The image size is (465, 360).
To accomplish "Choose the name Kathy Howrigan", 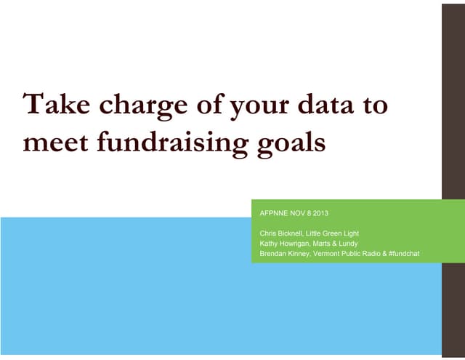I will (x=284, y=244).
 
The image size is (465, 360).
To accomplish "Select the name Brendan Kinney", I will (x=284, y=254).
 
